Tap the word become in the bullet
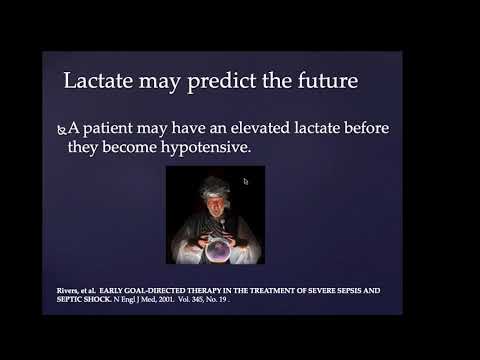click(176, 150)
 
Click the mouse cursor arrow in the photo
click(246, 182)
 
